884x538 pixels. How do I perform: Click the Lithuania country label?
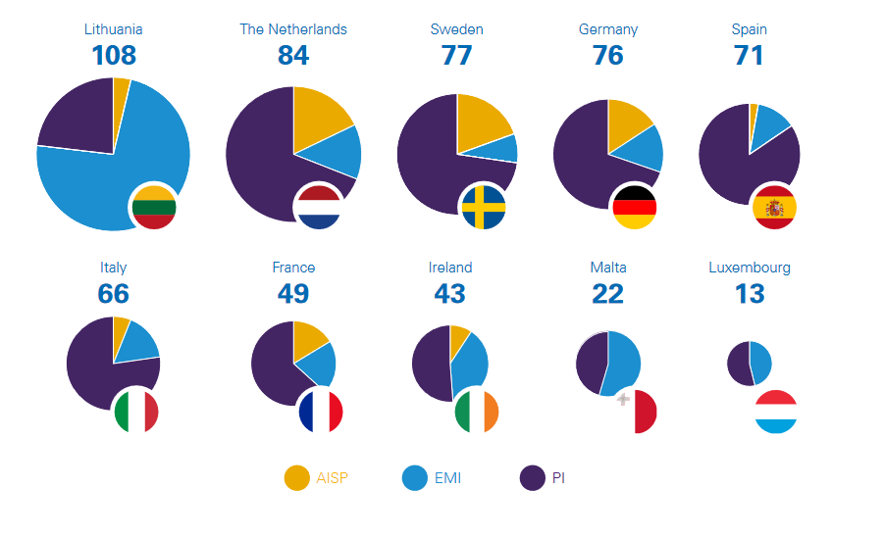113,29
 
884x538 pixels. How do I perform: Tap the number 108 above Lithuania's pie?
113,55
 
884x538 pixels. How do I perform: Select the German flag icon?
633,206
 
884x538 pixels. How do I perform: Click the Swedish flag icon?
483,207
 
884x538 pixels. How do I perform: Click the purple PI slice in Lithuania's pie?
74,122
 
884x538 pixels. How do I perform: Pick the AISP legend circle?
296,478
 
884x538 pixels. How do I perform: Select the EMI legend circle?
415,478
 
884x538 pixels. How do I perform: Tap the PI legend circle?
532,478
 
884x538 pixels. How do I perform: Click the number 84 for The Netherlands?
293,55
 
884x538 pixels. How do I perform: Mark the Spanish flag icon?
774,207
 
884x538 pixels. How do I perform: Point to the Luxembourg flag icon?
776,411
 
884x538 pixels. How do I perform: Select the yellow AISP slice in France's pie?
307,335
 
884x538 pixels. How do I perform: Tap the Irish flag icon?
477,411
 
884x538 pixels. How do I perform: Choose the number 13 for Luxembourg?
750,293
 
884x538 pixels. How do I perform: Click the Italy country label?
113,268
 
